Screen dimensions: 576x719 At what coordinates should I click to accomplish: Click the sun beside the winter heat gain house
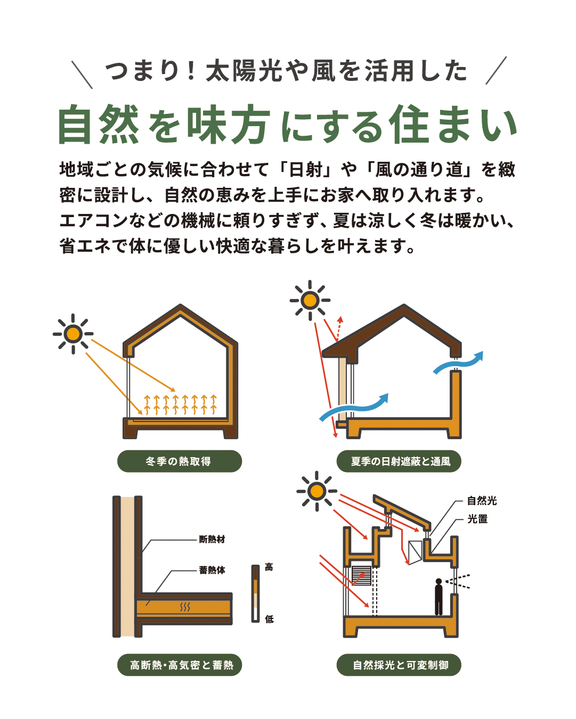(x=73, y=334)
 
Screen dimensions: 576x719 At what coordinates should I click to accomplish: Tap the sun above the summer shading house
(x=310, y=300)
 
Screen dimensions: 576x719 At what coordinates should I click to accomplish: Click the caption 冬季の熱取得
(x=179, y=461)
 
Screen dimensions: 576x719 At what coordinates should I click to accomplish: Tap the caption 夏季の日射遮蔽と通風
(x=400, y=461)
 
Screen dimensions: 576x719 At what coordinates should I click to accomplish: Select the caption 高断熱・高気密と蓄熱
(x=182, y=665)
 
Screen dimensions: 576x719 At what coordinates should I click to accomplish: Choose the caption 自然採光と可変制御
(x=400, y=665)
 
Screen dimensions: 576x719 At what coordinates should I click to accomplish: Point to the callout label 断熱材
(x=212, y=539)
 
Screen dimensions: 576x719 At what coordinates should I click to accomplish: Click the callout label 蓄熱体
(x=212, y=569)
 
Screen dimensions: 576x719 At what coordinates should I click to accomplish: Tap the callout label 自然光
(x=482, y=501)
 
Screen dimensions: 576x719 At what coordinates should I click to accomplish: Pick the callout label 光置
(x=477, y=519)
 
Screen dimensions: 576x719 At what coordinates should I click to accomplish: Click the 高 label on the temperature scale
(x=269, y=567)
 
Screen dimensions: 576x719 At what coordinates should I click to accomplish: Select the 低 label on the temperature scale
(x=269, y=619)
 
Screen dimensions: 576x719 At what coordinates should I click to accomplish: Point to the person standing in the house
(x=439, y=597)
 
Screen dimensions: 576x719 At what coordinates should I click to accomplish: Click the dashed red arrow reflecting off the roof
(x=339, y=328)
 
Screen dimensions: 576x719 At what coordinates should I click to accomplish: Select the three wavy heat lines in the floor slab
(x=185, y=607)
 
